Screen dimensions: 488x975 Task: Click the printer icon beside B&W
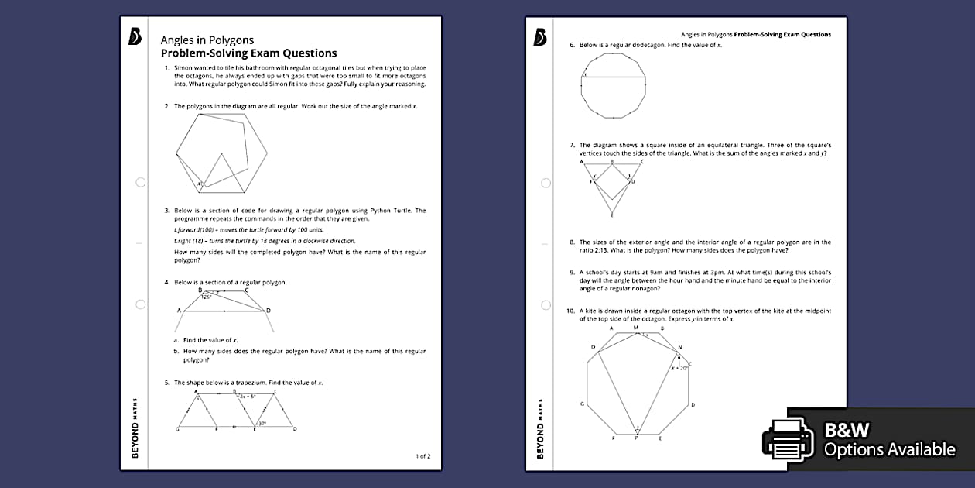point(789,438)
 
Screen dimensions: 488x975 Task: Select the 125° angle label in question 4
point(207,297)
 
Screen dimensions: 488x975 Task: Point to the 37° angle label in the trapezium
point(262,423)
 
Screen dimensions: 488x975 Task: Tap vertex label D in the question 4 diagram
point(269,311)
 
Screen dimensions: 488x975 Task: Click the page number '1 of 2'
point(422,456)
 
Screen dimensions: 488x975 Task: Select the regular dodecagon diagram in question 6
point(613,85)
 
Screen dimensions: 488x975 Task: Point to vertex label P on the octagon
point(636,438)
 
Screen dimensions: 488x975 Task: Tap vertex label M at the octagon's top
point(636,328)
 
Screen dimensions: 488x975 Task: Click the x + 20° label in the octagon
point(680,369)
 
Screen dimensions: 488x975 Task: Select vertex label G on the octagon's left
point(582,404)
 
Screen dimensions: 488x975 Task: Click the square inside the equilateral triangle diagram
point(612,182)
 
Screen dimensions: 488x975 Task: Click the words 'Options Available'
point(889,449)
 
